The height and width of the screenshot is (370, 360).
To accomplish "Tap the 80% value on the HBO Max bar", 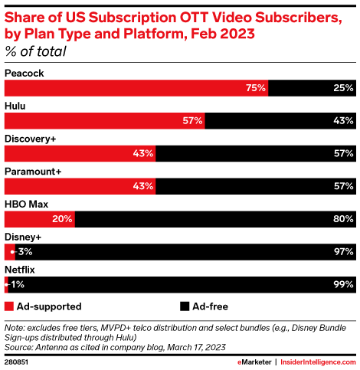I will tap(342, 220).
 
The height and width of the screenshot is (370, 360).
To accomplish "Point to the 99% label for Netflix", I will tap(342, 286).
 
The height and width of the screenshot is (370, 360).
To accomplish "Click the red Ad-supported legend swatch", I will tap(9, 306).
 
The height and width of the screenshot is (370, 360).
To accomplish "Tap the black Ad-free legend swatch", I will tap(185, 306).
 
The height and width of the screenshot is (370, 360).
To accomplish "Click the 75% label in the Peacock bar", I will tap(255, 88).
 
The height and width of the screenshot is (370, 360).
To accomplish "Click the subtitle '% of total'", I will tap(35, 52).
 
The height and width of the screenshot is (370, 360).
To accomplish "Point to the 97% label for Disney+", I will tap(342, 253).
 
